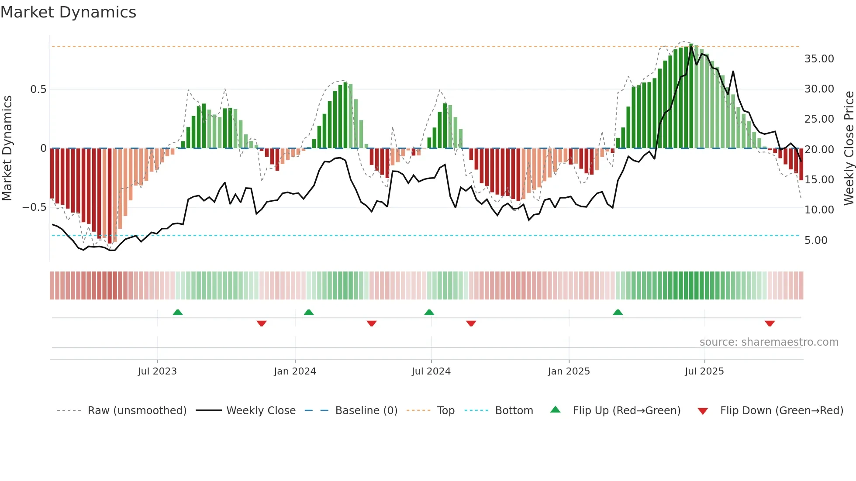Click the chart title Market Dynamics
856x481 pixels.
pos(68,12)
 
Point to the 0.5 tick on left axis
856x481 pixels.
pos(38,89)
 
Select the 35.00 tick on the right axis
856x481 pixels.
pos(819,59)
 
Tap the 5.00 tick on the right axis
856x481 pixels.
pos(815,240)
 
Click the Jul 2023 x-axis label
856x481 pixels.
pos(157,371)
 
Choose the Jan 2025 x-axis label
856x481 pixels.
pos(569,371)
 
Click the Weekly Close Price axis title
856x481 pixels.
pos(849,148)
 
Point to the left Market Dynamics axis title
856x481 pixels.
pos(7,148)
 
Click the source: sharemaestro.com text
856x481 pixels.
pos(769,342)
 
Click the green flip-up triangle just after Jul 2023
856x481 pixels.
pos(178,313)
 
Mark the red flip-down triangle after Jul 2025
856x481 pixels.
pos(770,323)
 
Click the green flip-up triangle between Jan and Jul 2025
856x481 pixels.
pos(618,313)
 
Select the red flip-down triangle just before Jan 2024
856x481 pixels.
pos(262,323)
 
